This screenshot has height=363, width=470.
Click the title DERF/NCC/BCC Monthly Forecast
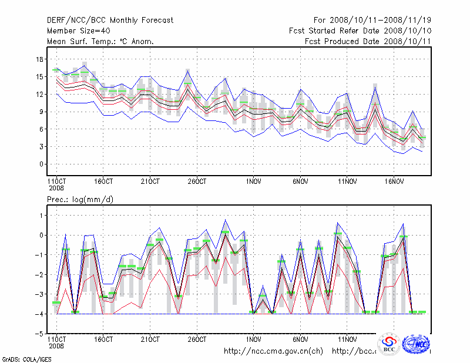coord(110,21)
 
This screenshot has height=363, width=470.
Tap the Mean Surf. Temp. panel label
coord(100,41)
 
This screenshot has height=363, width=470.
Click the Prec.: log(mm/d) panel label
coord(80,200)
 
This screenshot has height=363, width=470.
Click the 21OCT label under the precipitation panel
coord(150,339)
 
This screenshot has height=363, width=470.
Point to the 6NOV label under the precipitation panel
coord(300,339)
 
